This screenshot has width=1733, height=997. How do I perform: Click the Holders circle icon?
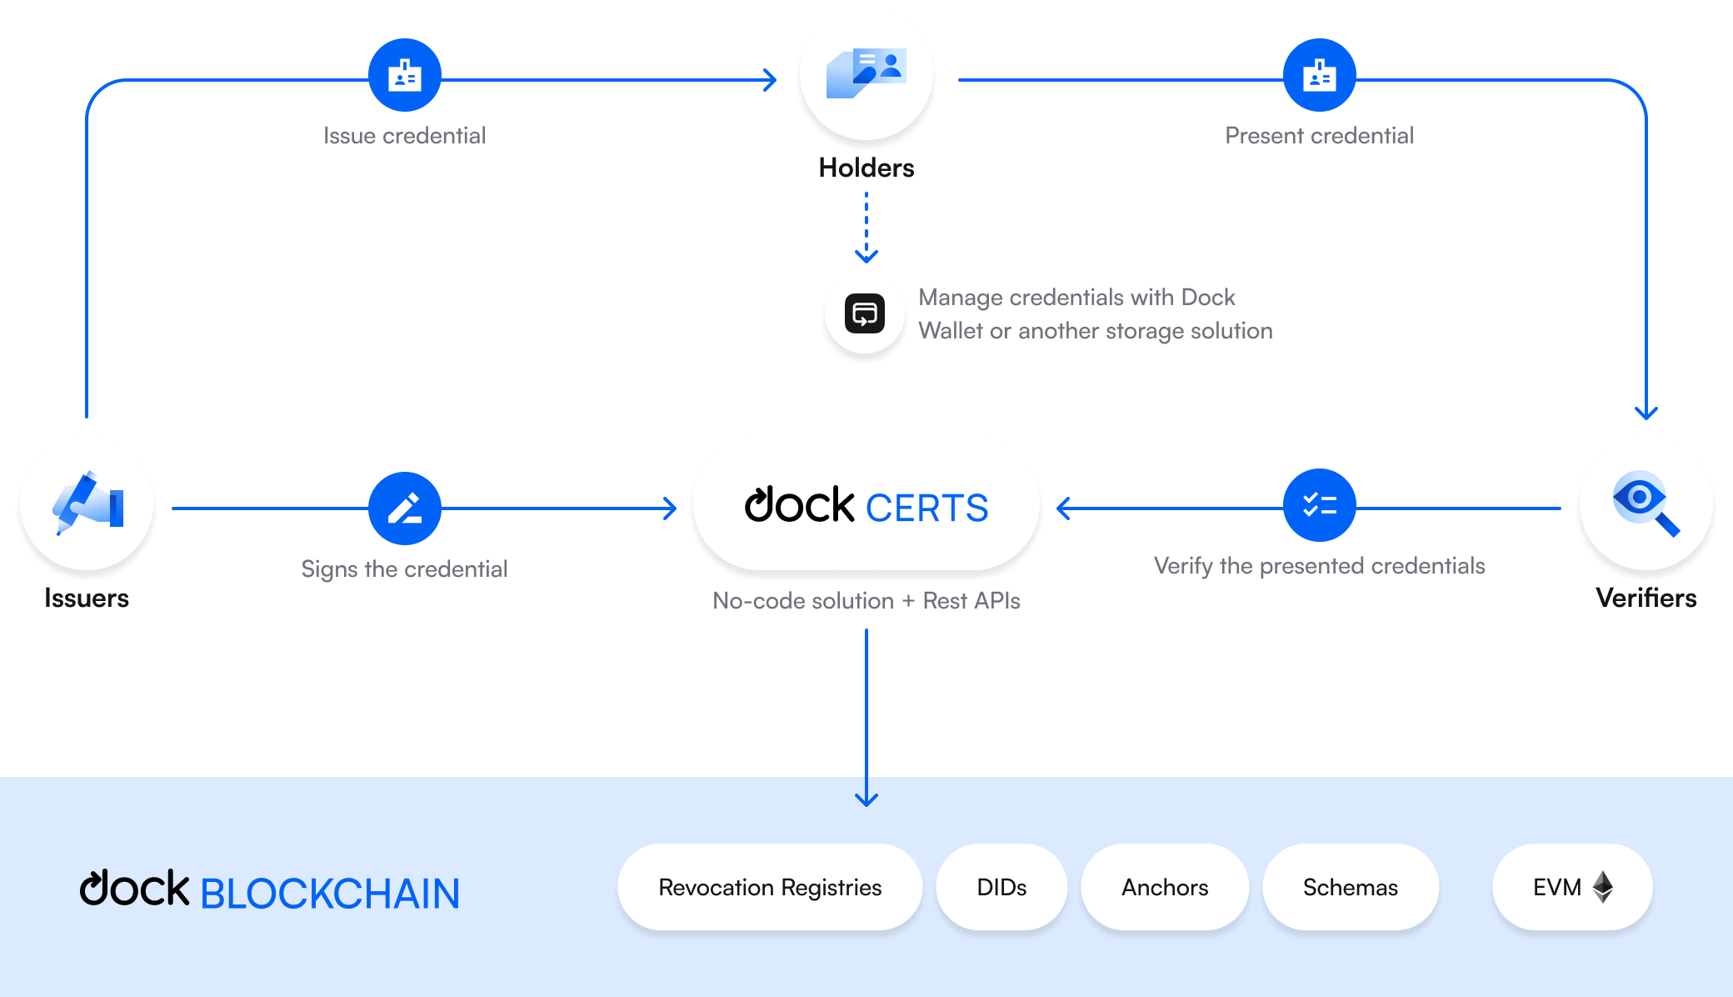(x=866, y=73)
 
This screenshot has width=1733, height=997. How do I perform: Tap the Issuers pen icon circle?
(x=87, y=504)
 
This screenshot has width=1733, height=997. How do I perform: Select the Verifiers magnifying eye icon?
(x=1646, y=504)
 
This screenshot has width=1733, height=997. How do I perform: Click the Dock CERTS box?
(x=866, y=505)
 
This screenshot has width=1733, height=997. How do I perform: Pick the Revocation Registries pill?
(x=770, y=887)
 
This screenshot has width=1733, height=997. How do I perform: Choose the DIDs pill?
(x=1001, y=887)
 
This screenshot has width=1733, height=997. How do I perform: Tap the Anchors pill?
(x=1165, y=887)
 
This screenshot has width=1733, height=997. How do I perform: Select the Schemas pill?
(x=1351, y=887)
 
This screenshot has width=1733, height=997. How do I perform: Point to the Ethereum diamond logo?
(x=1603, y=887)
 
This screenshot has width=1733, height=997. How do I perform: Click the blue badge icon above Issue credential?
(x=405, y=75)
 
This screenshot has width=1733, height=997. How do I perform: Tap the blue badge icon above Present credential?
(x=1320, y=75)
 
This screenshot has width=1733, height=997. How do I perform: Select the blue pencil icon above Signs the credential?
(x=405, y=509)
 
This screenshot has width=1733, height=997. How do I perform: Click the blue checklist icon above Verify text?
(x=1320, y=505)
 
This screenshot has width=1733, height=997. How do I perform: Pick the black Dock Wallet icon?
(x=865, y=314)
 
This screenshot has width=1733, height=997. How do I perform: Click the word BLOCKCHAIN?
(x=330, y=894)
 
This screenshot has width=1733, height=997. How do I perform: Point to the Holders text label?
(x=866, y=168)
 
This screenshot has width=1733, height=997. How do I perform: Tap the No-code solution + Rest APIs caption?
(x=866, y=600)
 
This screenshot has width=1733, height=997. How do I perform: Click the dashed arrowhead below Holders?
(x=866, y=255)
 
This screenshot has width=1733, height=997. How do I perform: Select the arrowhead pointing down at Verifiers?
(x=1646, y=412)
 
